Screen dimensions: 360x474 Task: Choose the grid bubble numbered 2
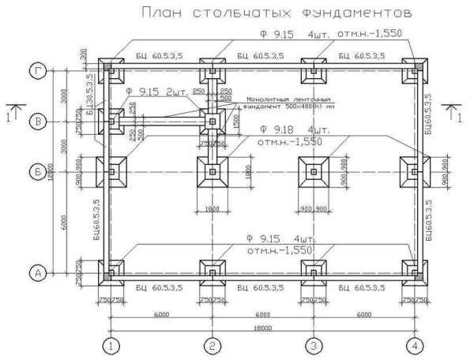tap(212, 345)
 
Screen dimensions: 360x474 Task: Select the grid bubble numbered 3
tap(314, 345)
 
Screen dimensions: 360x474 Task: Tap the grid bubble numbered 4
tap(415, 345)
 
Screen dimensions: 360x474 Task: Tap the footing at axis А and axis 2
tap(212, 272)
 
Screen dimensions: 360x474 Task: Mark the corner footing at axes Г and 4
tap(415, 71)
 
